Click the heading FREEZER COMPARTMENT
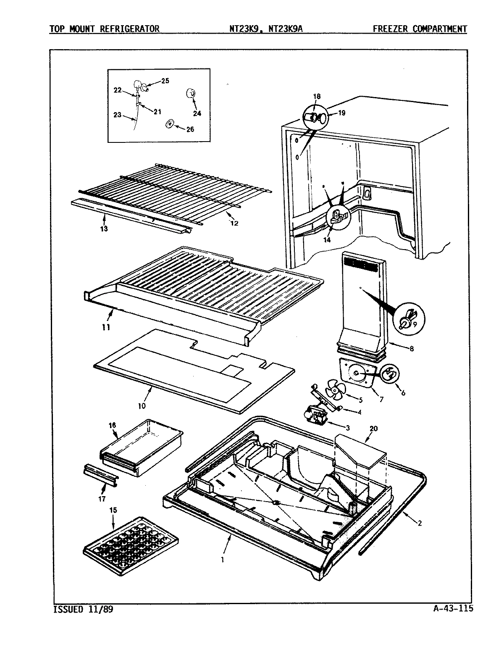coord(419,29)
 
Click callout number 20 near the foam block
coord(373,429)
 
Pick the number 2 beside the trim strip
coord(420,523)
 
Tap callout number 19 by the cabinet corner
coord(341,113)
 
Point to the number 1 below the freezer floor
coord(223,559)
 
